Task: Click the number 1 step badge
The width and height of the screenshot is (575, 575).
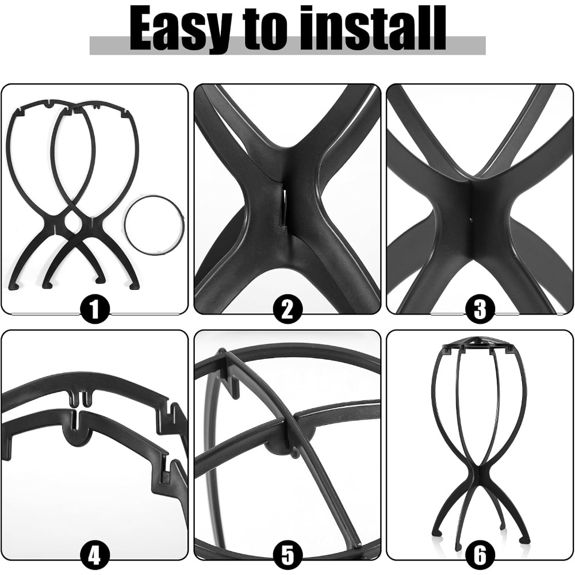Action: coord(95,310)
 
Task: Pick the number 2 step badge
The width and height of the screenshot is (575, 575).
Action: coord(287,310)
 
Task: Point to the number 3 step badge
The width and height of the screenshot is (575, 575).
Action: coord(480,310)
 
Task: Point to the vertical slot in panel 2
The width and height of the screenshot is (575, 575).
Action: coord(283,207)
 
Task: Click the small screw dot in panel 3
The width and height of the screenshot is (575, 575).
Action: coord(470,220)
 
